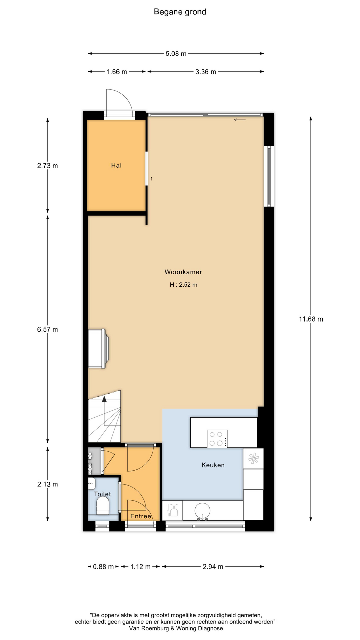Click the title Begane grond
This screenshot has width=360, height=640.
click(180, 12)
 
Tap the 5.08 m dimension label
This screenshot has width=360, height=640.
click(176, 54)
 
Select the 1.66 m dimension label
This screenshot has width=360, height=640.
click(117, 72)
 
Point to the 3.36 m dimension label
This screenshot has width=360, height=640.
click(206, 72)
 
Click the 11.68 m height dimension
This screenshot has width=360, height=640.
click(311, 319)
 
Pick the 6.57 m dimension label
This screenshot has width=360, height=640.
click(48, 329)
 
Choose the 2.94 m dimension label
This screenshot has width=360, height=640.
click(213, 567)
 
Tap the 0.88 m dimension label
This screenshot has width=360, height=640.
click(103, 567)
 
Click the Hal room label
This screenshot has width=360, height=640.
click(116, 165)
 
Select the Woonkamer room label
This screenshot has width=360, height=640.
click(183, 272)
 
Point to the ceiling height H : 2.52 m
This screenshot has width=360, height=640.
click(184, 285)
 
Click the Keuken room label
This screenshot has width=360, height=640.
click(213, 465)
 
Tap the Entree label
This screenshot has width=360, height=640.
click(141, 516)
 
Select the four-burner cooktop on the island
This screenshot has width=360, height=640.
click(217, 439)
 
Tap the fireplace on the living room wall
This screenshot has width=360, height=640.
click(97, 349)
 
